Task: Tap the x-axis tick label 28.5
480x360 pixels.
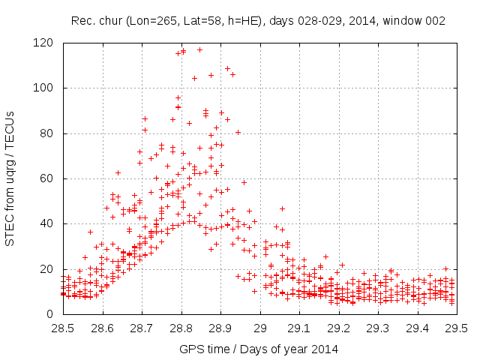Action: (62, 328)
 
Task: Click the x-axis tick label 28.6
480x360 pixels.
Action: (102, 328)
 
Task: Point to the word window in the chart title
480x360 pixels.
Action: (405, 21)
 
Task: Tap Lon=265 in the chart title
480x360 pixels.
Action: (169, 21)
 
